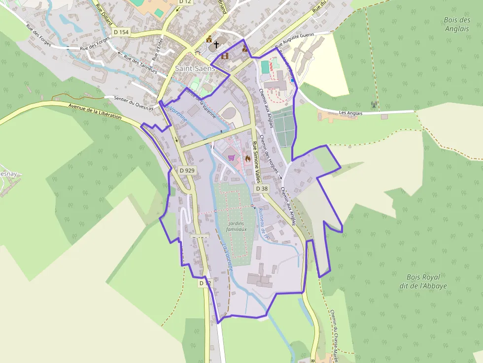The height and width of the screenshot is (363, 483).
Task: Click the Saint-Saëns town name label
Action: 195,68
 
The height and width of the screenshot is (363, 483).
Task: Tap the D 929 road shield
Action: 188,170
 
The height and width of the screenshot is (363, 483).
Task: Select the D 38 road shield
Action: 262,189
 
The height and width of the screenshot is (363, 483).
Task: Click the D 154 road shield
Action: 121,32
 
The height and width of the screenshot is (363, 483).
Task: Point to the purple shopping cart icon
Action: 231,158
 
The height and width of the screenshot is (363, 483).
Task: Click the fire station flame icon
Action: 247,159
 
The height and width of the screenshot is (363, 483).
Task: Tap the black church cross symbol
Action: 216,45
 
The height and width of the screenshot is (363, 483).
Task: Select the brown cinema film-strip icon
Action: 225,56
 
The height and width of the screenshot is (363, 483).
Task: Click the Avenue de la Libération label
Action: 95,111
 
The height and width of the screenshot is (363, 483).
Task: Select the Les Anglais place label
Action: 351,113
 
